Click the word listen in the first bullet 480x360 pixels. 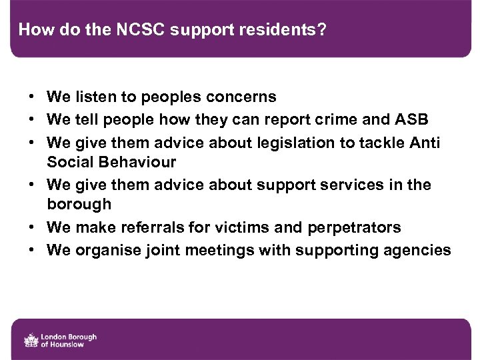click(93, 97)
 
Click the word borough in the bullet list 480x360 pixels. click(79, 205)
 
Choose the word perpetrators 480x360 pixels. click(354, 228)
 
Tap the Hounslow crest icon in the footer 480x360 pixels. click(31, 339)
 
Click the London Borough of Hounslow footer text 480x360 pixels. click(69, 340)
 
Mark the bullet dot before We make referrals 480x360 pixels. click(32, 227)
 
